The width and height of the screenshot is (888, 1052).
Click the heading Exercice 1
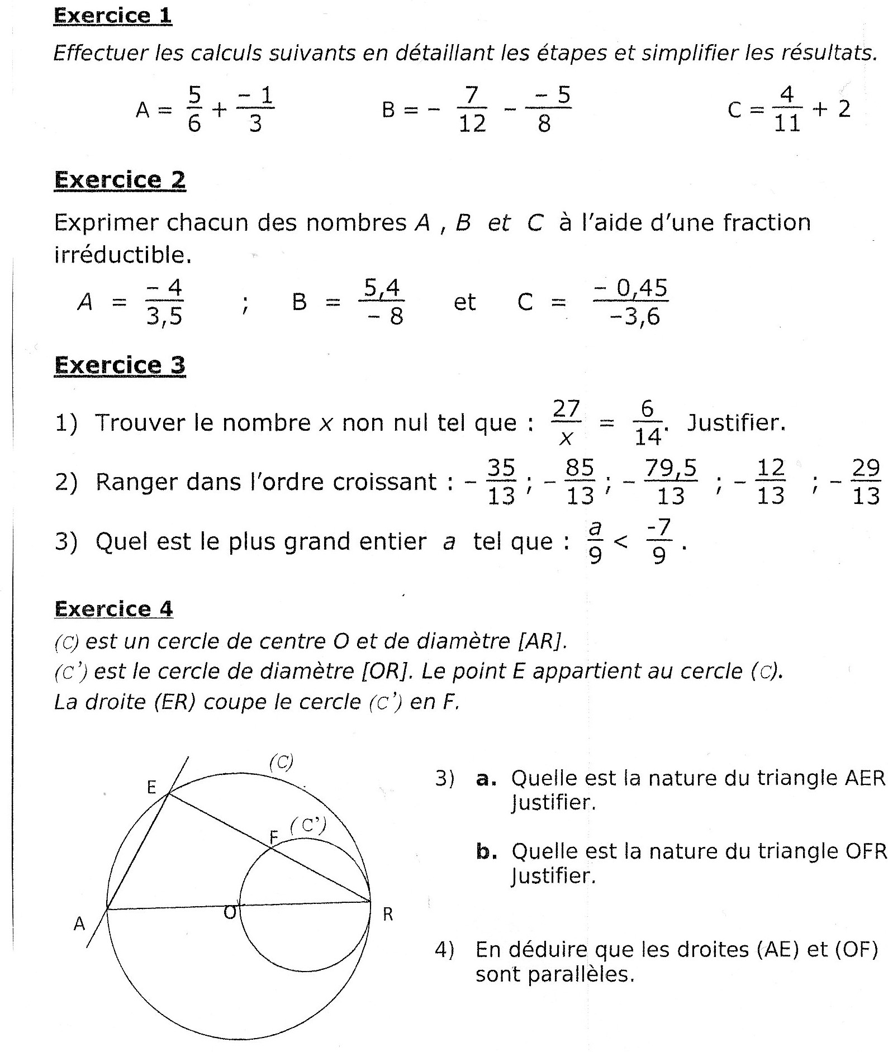(x=112, y=15)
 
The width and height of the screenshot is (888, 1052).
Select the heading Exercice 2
(x=120, y=180)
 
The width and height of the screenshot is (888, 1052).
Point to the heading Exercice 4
(x=113, y=608)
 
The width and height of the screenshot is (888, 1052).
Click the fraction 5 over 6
(x=194, y=110)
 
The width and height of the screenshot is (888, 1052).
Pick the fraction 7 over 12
(x=472, y=110)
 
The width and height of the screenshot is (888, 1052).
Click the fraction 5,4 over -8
(x=382, y=302)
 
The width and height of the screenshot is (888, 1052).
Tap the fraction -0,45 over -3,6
(x=631, y=302)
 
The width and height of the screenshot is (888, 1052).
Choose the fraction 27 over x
(x=566, y=423)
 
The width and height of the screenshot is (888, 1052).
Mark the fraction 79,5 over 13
(x=671, y=482)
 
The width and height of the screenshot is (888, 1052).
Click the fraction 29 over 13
(x=866, y=482)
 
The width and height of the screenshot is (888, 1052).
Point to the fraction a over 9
(x=595, y=541)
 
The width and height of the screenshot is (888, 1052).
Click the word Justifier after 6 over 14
(x=736, y=423)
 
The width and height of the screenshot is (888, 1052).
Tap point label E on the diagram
(x=151, y=787)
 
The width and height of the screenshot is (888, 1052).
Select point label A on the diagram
(x=79, y=924)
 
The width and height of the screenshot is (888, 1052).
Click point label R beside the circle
(x=388, y=915)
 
